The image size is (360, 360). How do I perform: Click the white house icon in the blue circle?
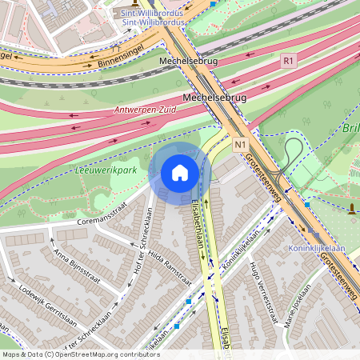(x=180, y=173)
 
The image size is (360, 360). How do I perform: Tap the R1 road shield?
(x=289, y=60)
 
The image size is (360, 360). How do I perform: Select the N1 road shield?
(x=241, y=145)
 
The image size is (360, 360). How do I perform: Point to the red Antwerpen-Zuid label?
(x=145, y=109)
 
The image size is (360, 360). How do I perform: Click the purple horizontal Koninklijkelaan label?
(x=316, y=248)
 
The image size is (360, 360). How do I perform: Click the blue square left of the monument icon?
(x=307, y=205)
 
